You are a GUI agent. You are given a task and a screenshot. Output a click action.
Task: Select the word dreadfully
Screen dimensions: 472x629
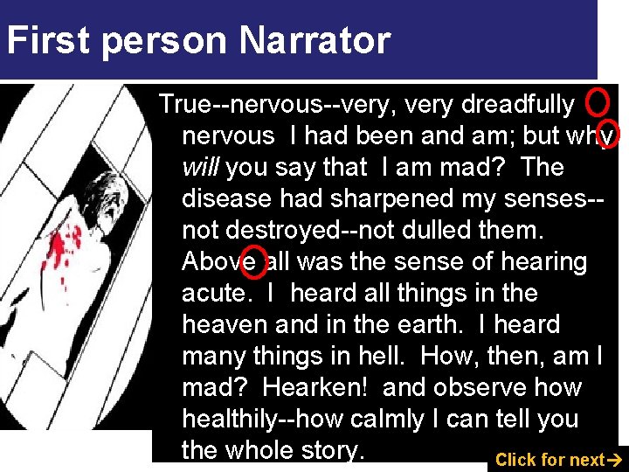(x=517, y=105)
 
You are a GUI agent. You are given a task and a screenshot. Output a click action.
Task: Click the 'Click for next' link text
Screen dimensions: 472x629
(x=550, y=460)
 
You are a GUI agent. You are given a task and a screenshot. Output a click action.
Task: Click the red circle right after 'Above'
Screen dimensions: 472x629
(x=254, y=262)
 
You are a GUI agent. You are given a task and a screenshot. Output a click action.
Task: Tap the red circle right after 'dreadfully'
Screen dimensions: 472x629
(x=597, y=103)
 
